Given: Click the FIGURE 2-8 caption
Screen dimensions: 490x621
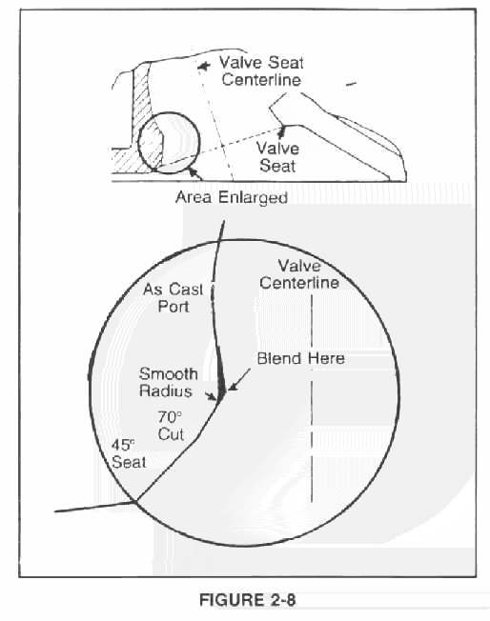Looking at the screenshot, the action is coord(247,600).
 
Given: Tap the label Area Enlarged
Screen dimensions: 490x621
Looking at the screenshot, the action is coord(232,197).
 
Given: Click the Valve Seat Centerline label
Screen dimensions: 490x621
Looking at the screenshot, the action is coord(261,70).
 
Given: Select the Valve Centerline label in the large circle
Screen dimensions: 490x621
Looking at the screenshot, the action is coord(299,274).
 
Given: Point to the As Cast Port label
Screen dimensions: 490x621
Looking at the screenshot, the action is coord(174,297).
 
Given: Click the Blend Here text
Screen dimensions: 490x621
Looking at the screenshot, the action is coord(301,358).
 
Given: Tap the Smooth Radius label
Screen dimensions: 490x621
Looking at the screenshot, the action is coord(168,382).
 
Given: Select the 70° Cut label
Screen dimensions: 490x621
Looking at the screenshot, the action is coord(171,426).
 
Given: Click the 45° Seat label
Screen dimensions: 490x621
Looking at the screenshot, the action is coord(129,454).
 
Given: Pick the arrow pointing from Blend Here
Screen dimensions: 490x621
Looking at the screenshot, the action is coord(239,380).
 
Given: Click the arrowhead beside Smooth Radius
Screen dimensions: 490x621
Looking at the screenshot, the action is coord(212,396).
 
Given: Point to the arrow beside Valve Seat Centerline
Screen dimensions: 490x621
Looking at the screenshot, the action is coord(204,67).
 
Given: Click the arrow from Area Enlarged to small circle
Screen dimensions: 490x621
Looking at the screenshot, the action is coord(195,174).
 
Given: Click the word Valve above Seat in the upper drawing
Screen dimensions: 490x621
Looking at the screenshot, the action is coord(277,149).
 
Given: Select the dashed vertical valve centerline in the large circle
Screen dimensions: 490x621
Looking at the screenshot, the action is coord(312,398).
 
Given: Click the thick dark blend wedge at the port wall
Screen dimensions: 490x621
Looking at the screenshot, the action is coord(221,376).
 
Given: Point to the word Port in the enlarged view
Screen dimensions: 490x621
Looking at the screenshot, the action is coord(174,306).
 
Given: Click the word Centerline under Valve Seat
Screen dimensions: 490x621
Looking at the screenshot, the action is coord(261,80).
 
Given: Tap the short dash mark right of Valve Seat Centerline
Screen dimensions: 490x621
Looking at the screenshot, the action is coord(351,84).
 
